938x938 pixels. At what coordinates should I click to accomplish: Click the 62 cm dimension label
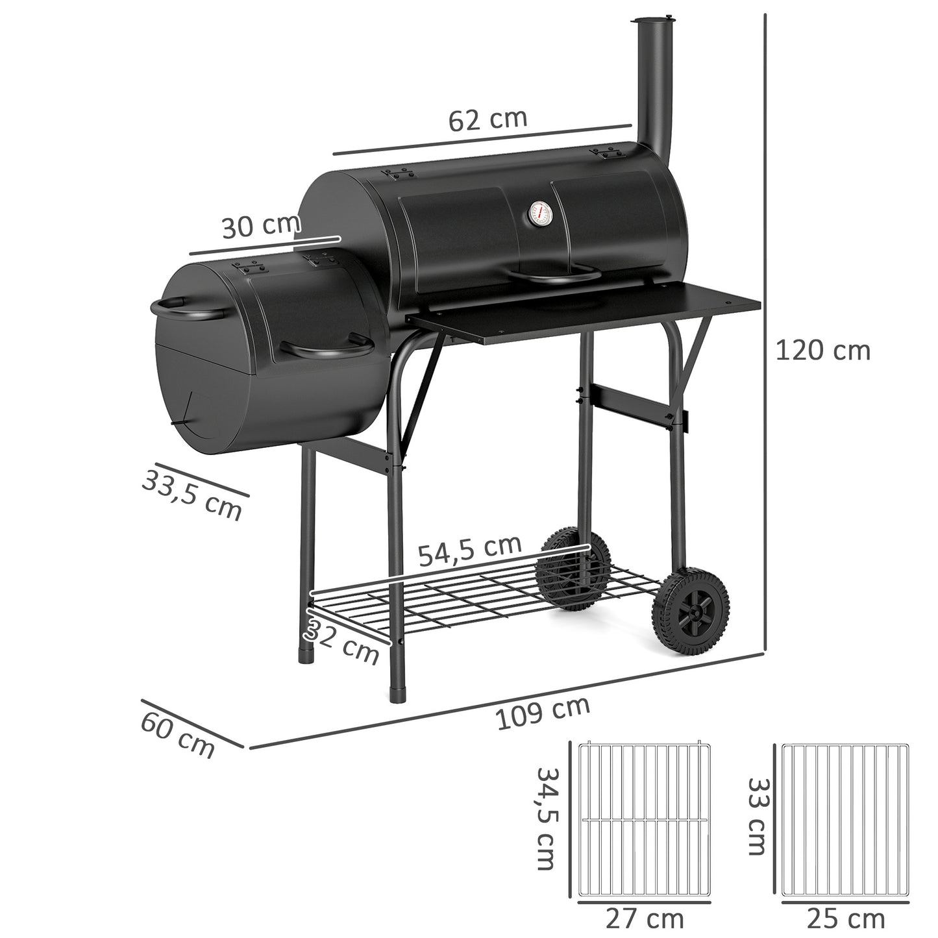(488, 119)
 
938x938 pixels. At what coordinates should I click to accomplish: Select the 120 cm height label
(822, 351)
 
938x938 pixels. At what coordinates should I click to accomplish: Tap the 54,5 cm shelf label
(469, 550)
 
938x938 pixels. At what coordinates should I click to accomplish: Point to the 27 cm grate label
(644, 919)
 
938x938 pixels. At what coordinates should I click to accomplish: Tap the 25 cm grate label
(845, 919)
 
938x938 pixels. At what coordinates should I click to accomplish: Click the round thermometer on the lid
(538, 214)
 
